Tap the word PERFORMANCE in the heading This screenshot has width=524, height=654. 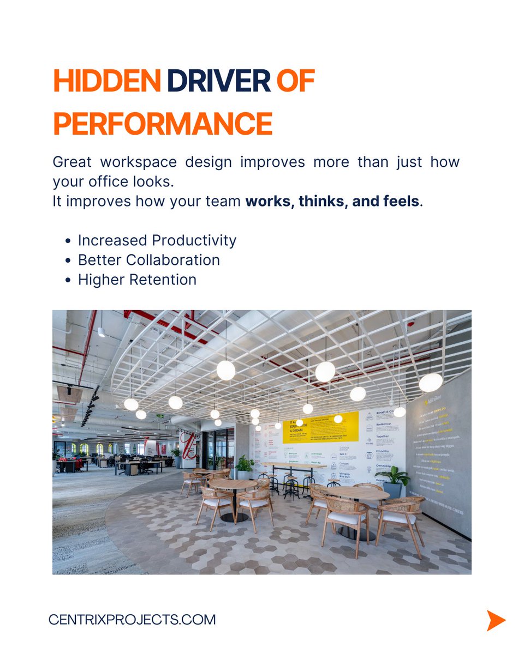tap(163, 124)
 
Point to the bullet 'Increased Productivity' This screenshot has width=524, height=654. tap(157, 240)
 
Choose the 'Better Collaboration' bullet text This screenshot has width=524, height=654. tap(149, 260)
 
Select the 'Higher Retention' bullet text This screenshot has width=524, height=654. tap(137, 280)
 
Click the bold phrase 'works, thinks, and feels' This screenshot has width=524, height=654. tap(332, 201)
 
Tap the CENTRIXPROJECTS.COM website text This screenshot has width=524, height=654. tap(132, 620)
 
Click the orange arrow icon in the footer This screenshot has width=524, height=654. tap(496, 620)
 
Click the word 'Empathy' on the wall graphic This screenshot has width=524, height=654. tap(383, 451)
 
